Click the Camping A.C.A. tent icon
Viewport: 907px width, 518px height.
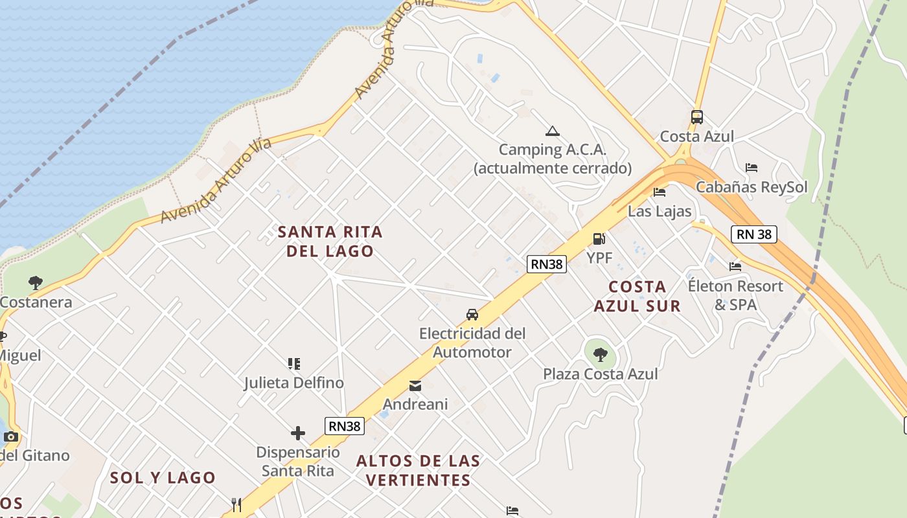552,131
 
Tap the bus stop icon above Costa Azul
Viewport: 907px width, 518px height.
697,117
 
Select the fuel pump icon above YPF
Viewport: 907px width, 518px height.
599,239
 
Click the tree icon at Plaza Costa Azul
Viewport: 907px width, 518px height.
601,354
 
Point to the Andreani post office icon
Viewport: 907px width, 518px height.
415,386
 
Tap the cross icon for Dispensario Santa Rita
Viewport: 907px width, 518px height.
298,433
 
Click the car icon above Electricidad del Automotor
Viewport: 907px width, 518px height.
472,315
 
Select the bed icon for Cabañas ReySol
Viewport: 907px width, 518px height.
752,168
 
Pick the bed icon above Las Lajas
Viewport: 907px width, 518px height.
660,192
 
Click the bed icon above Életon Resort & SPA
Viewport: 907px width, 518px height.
735,266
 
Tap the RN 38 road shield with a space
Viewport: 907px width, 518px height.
754,234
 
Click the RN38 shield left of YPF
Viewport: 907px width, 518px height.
547,264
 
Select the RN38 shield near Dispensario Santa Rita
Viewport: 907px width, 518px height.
344,425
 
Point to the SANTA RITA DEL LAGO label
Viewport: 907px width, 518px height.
330,241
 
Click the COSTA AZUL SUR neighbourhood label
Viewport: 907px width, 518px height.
637,296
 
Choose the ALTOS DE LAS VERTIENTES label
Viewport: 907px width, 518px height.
419,470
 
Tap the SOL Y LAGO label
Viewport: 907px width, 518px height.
163,477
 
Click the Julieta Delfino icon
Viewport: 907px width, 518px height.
294,364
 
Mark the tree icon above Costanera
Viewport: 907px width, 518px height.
36,283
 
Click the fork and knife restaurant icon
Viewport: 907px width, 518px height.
237,504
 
